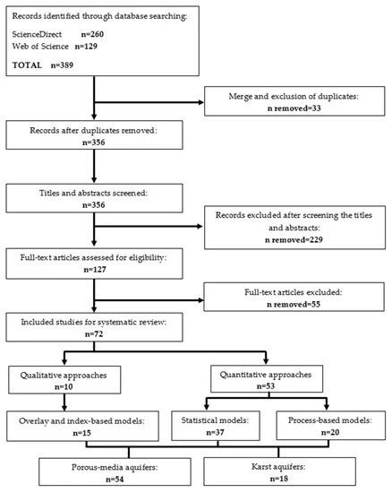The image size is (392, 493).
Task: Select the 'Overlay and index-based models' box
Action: [x=83, y=427]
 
